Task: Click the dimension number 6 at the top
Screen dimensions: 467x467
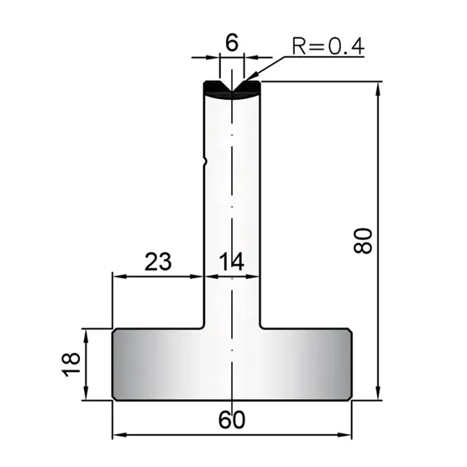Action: [x=232, y=43]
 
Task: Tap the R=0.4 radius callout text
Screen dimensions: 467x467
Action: [x=328, y=47]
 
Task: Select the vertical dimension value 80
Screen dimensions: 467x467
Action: [x=363, y=241]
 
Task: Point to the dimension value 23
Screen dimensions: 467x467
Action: [x=158, y=261]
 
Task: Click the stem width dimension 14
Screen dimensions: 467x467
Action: [x=232, y=261]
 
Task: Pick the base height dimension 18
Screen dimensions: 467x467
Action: [x=71, y=365]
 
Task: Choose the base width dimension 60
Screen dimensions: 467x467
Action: [x=232, y=420]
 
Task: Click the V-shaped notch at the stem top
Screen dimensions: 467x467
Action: [x=232, y=86]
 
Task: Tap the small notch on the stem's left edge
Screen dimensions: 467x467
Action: [x=204, y=162]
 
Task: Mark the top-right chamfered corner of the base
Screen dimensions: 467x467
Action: [x=350, y=331]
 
